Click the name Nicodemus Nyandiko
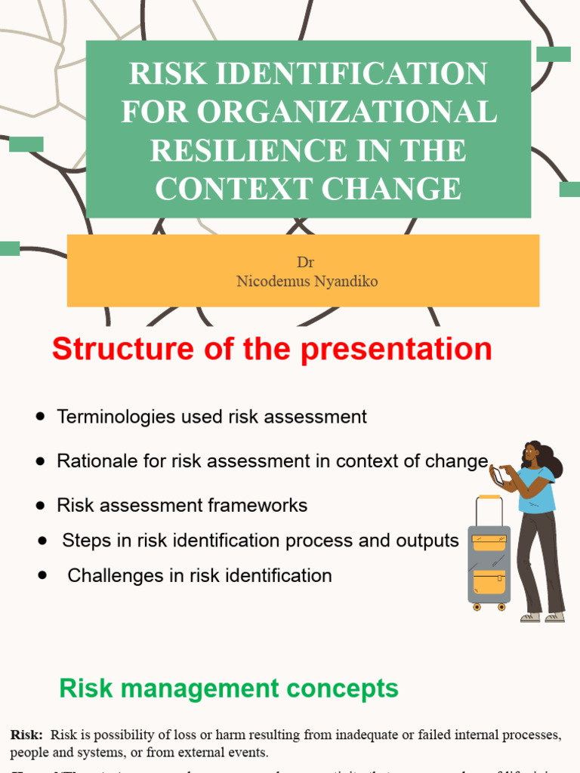click(307, 282)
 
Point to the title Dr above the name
click(305, 263)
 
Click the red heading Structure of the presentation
click(272, 350)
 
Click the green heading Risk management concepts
click(229, 688)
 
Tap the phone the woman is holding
click(498, 476)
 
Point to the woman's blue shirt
click(537, 491)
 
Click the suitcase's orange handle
click(489, 497)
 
